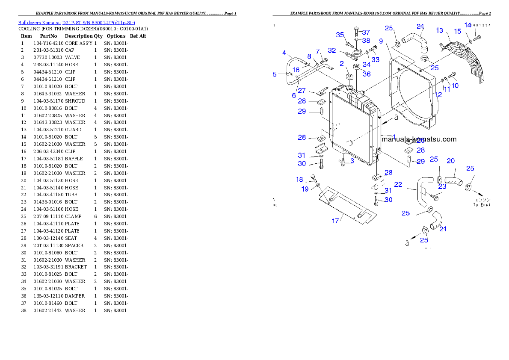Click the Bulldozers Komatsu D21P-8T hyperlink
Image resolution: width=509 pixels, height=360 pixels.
pyautogui.click(x=77, y=23)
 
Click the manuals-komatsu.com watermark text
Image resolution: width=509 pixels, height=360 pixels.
pyautogui.click(x=419, y=139)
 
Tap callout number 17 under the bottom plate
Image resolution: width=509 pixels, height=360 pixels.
pyautogui.click(x=335, y=221)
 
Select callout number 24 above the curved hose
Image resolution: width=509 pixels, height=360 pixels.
pyautogui.click(x=420, y=26)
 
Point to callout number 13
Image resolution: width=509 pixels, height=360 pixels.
pyautogui.click(x=440, y=30)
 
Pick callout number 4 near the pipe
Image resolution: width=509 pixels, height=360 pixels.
pyautogui.click(x=284, y=53)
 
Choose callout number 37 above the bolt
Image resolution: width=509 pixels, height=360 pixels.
pyautogui.click(x=366, y=32)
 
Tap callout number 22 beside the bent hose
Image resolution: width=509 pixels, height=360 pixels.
pyautogui.click(x=398, y=184)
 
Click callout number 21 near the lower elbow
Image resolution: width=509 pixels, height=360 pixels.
pyautogui.click(x=443, y=229)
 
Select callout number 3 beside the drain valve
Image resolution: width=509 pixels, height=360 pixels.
pyautogui.click(x=352, y=161)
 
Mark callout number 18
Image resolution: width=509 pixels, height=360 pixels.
pyautogui.click(x=299, y=180)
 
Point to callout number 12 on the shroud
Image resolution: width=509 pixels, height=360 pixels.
pyautogui.click(x=438, y=94)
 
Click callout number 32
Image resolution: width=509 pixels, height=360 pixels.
pyautogui.click(x=332, y=50)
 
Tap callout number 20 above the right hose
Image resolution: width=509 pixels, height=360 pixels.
pyautogui.click(x=451, y=161)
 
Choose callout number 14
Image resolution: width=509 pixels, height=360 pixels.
pyautogui.click(x=468, y=25)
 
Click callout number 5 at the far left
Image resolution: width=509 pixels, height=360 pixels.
pyautogui.click(x=275, y=74)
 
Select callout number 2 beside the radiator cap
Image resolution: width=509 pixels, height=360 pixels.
pyautogui.click(x=342, y=64)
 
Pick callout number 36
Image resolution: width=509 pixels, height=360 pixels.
pyautogui.click(x=367, y=74)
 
